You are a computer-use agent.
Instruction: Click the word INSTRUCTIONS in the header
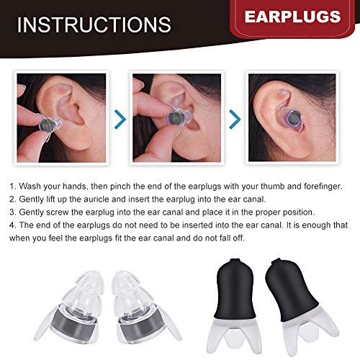pyautogui.click(x=94, y=24)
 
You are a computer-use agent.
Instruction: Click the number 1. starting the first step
pyautogui.click(x=13, y=185)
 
